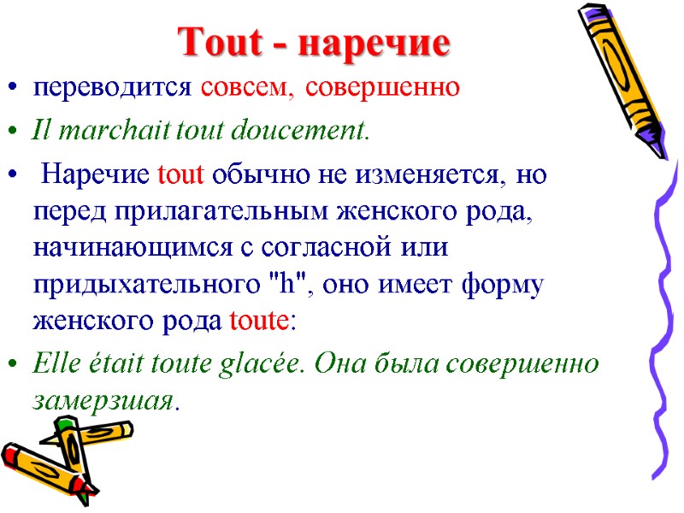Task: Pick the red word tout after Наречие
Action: (181, 177)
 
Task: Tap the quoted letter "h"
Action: (289, 285)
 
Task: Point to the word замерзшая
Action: (102, 400)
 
